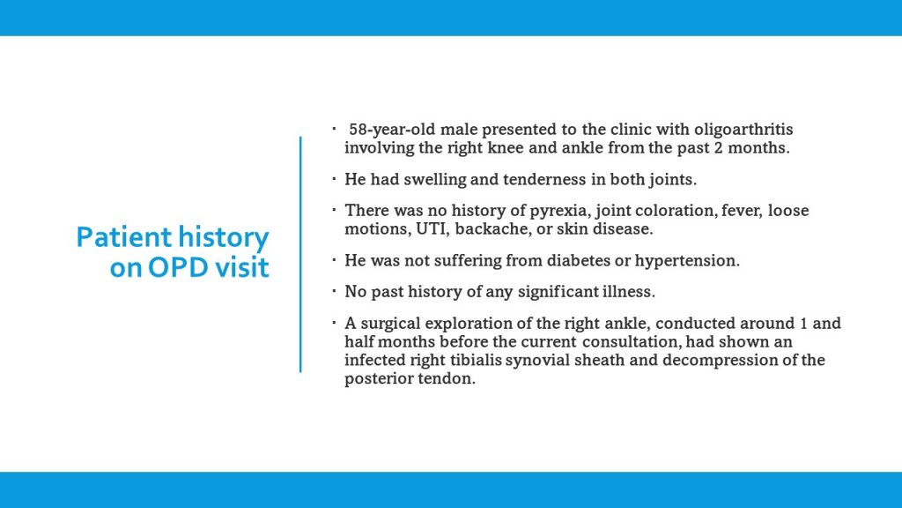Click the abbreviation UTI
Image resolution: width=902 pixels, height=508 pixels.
[426, 229]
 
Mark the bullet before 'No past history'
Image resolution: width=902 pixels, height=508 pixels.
[335, 292]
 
